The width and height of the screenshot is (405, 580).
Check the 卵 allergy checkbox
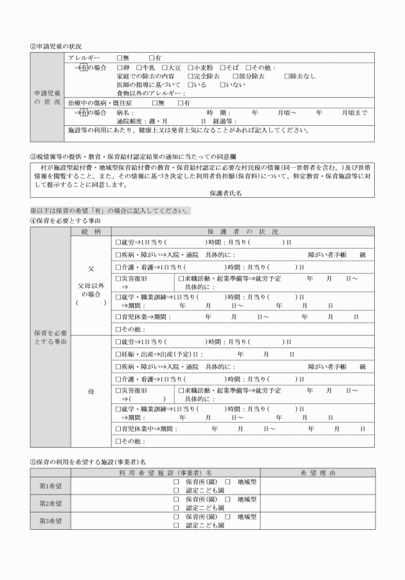coord(120,67)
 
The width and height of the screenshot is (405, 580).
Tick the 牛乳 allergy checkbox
coord(139,67)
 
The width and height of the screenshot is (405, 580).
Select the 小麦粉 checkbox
coord(191,67)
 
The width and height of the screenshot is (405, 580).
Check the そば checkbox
coord(222,67)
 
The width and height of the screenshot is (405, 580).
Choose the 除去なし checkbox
coord(287,76)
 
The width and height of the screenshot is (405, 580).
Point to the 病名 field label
coord(125,112)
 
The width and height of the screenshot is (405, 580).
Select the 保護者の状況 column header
coord(243,231)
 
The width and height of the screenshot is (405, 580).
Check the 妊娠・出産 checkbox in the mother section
coord(118,354)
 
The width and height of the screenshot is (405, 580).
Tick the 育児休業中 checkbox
coord(118,428)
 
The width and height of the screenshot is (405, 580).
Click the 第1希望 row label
coord(50,486)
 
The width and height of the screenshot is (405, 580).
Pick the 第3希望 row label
coord(50,520)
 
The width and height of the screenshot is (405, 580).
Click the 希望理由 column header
coord(318,473)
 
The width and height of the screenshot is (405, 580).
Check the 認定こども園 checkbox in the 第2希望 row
coord(176,507)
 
